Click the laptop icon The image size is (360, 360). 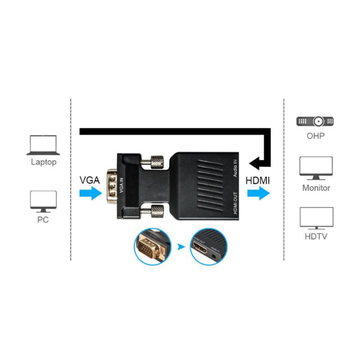tap(43, 145)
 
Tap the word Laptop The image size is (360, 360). tap(44, 162)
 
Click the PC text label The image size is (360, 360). tap(43, 220)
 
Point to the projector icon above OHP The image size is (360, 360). tap(315, 121)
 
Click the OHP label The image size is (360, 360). tap(315, 135)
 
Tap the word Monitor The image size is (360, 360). tap(316, 188)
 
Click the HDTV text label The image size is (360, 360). tap(316, 237)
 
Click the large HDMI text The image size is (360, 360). tap(258, 180)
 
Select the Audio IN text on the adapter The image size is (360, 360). tap(235, 169)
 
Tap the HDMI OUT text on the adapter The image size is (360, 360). tap(235, 205)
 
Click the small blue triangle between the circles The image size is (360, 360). tap(181, 247)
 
